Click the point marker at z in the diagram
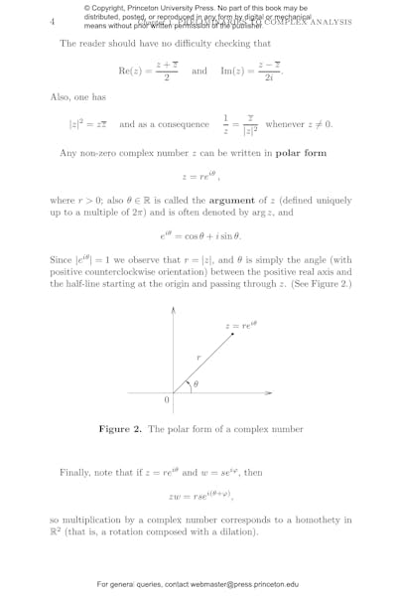coord(234,333)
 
